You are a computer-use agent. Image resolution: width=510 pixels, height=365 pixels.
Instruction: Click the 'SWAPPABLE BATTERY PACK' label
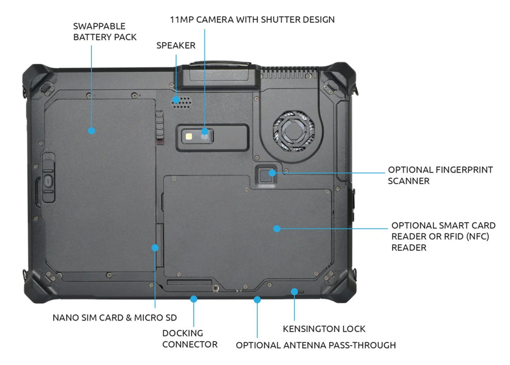tap(105, 32)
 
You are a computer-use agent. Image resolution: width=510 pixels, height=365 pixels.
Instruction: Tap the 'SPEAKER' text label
tap(175, 45)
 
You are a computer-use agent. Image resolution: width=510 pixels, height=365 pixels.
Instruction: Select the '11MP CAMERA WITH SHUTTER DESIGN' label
tap(252, 20)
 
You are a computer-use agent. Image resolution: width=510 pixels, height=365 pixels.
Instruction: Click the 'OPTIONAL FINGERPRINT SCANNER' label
tap(440, 175)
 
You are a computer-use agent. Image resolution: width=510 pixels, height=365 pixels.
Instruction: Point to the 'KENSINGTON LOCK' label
tap(324, 329)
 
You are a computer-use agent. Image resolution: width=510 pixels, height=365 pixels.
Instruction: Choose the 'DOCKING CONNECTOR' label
tap(190, 338)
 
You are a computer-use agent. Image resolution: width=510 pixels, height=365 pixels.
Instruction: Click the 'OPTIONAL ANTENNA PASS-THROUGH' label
tap(315, 345)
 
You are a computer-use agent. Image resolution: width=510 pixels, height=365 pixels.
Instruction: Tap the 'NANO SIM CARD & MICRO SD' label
tap(115, 318)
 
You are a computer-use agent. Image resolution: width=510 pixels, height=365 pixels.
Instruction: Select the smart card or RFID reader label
tap(443, 236)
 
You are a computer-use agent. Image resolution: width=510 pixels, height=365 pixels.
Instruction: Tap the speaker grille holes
tap(182, 99)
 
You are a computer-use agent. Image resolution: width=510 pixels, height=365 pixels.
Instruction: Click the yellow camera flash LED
tap(190, 137)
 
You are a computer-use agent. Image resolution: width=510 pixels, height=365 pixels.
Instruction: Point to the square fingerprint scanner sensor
tap(265, 175)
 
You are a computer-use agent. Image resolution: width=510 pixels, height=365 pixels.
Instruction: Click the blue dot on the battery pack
tap(91, 131)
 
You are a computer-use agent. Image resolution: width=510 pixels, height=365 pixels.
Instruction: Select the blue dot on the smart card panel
tap(276, 228)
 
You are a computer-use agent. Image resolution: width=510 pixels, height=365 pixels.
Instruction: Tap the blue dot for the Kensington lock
tap(294, 291)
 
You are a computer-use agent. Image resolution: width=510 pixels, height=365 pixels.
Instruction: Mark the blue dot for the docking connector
tap(193, 299)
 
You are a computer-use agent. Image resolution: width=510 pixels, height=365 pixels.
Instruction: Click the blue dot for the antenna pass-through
tap(258, 299)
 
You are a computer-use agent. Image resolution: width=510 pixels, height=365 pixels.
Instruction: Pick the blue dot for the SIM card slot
tap(155, 248)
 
